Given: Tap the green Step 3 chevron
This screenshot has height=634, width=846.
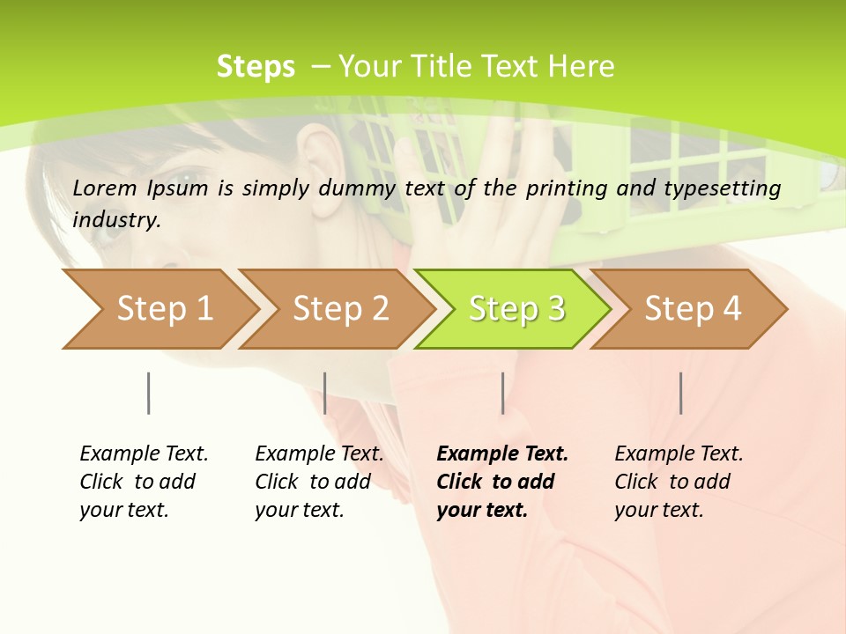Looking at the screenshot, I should coord(516,309).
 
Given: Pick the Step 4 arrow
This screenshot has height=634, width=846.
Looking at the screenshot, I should coord(693,309).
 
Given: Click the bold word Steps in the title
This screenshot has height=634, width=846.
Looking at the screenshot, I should coord(256,67).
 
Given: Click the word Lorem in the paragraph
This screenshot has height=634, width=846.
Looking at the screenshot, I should coord(105,188).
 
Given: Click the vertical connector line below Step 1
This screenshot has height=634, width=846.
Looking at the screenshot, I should coord(148,393).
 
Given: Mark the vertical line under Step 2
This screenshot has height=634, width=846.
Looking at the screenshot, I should coord(325,393).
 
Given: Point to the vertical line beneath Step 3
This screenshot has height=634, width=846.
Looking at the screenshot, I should coord(502,393).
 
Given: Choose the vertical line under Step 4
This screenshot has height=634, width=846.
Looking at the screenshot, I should coord(680,393).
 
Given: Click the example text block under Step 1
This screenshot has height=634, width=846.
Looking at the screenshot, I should coord(144,482).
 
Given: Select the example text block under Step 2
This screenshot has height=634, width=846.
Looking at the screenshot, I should coord(319,482).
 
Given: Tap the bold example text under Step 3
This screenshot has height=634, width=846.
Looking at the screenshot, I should coord(501,482).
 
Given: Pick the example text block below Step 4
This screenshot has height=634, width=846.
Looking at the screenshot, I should coord(679,482).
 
